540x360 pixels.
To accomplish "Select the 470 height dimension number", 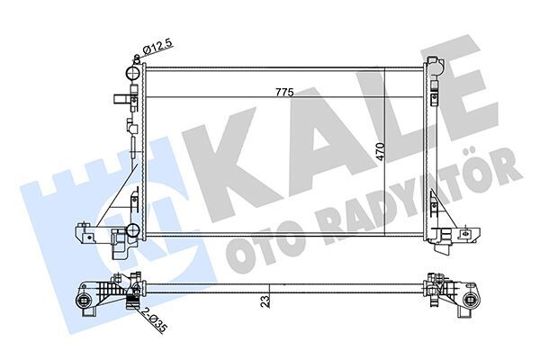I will coord(382,151).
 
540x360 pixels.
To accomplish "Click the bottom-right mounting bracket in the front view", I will coord(446,238).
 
